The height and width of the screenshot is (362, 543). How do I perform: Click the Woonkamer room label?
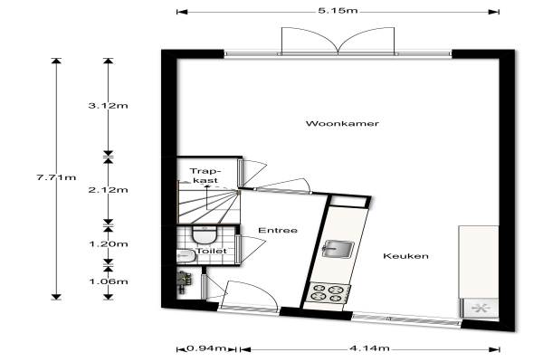click(342, 123)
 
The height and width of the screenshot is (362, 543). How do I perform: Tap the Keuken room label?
click(405, 256)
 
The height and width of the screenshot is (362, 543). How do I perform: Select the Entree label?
click(278, 231)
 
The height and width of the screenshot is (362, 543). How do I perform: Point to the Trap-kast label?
click(205, 176)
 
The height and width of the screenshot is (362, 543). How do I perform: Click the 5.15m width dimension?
click(337, 11)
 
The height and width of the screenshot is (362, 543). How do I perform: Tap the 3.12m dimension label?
click(108, 106)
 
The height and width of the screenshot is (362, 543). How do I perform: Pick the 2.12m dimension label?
click(108, 190)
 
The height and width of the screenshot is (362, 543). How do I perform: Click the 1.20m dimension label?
click(108, 243)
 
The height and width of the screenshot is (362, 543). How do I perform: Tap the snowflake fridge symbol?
click(479, 308)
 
